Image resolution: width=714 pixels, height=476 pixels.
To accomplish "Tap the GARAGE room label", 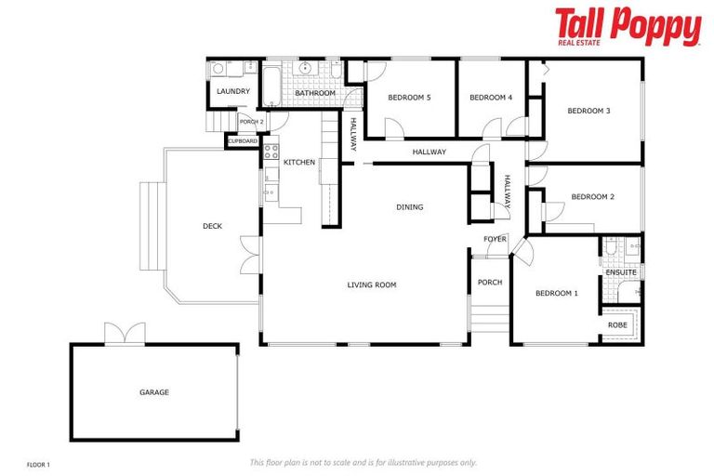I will tap(154, 392).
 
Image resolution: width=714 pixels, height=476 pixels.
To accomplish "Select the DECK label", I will tap(212, 226).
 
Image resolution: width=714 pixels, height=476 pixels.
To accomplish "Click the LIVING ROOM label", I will tap(372, 284).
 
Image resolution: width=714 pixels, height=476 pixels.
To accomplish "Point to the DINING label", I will tap(409, 207).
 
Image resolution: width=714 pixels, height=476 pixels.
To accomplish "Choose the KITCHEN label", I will tap(299, 163).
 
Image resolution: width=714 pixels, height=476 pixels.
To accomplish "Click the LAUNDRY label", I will tap(232, 92).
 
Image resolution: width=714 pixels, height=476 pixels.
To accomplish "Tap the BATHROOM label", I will tap(315, 94).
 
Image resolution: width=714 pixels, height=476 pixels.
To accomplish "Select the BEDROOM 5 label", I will tap(409, 98).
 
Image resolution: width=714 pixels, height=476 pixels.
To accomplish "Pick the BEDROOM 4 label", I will tap(491, 98).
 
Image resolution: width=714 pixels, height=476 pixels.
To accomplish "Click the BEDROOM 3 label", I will tap(588, 111).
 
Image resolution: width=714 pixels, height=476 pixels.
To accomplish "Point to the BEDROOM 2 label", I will tap(592, 197).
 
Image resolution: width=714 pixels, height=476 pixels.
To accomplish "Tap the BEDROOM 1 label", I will tap(557, 294).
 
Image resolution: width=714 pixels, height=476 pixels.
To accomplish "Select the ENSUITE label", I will tap(621, 271).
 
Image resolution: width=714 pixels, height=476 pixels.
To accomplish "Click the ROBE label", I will tap(617, 325).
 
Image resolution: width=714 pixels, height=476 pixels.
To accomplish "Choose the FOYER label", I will tap(495, 239).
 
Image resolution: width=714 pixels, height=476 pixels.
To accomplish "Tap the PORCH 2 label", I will tap(251, 122).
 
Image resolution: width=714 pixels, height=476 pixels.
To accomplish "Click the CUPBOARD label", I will tap(243, 141).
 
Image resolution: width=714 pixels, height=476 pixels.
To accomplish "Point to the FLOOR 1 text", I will tap(38, 463).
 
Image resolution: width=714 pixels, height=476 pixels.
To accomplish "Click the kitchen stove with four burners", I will tap(271, 150).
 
